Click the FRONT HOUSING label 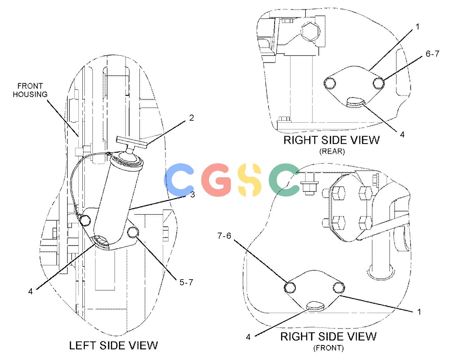click(30, 90)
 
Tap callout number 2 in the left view click(192, 118)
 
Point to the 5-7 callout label click(186, 282)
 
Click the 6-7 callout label click(432, 54)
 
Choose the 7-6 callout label click(224, 236)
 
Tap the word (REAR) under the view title click(332, 151)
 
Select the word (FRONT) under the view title click(328, 348)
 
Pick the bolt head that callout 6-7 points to click(379, 83)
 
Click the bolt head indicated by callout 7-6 click(290, 287)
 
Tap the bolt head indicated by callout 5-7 click(133, 232)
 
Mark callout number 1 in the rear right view click(417, 26)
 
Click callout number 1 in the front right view click(419, 312)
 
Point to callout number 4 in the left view click(30, 291)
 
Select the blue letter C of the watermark click(179, 180)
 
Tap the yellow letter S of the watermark click(250, 180)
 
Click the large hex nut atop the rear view click(310, 31)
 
